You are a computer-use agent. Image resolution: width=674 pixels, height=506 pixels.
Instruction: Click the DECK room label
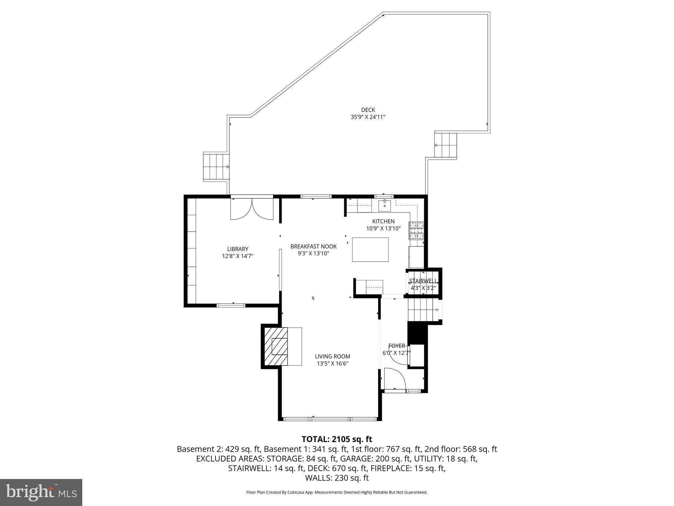[x=368, y=110]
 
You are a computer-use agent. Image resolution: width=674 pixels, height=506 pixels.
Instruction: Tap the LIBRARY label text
[x=238, y=249]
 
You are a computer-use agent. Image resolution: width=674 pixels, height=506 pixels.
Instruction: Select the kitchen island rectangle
[x=370, y=249]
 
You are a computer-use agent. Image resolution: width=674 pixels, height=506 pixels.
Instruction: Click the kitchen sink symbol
[x=384, y=206]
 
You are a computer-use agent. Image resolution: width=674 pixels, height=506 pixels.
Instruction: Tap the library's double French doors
[x=252, y=210]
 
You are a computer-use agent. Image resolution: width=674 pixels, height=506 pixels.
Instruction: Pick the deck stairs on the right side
[x=446, y=145]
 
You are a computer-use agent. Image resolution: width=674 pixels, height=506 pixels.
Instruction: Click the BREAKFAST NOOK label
[x=313, y=246]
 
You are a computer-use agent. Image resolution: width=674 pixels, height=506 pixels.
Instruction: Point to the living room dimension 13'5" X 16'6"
[x=332, y=364]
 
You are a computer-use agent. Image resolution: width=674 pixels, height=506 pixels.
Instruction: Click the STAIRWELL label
[x=423, y=281]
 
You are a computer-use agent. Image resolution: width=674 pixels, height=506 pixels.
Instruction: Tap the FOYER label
[x=397, y=346]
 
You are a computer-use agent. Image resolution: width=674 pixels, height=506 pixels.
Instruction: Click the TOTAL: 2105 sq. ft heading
[x=337, y=439]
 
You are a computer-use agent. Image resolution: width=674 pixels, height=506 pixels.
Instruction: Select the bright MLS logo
[x=41, y=492]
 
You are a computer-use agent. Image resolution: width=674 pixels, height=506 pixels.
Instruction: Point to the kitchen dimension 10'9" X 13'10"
[x=383, y=228]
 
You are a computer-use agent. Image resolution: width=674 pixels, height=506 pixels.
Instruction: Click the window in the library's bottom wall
[x=231, y=305]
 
